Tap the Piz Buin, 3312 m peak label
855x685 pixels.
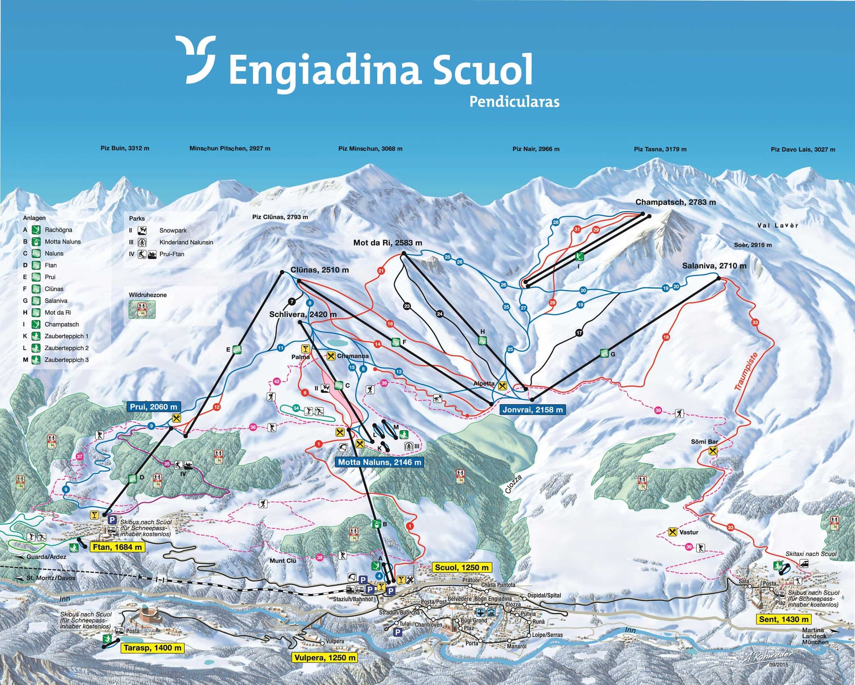click(125, 148)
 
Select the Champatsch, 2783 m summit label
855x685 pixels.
click(675, 202)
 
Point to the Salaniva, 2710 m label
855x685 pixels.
click(714, 266)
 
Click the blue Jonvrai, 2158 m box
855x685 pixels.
click(533, 409)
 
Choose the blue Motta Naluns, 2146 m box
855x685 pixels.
click(379, 462)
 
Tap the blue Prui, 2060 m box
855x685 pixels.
click(154, 406)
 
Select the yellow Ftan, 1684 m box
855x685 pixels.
click(117, 547)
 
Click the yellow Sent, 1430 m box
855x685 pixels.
click(783, 619)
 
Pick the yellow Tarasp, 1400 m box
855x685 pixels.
click(152, 648)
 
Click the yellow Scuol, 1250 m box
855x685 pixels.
click(462, 567)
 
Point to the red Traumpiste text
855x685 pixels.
click(745, 372)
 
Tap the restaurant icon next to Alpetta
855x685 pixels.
click(503, 386)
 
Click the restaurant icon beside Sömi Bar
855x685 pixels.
click(712, 451)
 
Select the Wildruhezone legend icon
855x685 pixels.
click(142, 309)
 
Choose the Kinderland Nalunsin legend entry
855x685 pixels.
click(186, 242)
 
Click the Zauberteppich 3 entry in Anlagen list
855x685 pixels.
click(66, 360)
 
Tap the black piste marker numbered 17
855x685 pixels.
click(579, 333)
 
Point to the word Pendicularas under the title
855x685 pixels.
click(514, 101)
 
